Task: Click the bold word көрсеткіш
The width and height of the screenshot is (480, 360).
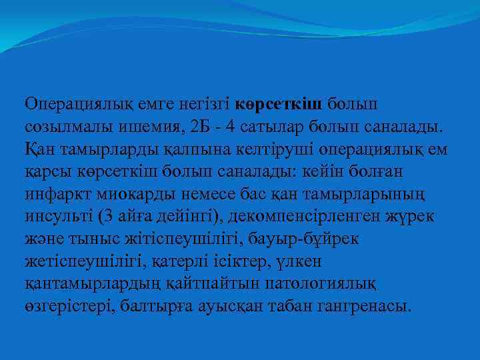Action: coord(279,104)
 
